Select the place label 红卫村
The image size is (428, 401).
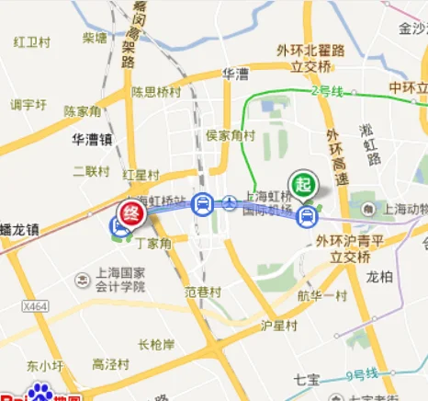pos(31,42)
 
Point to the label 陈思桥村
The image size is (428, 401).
pos(155,92)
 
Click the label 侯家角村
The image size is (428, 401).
pos(230,135)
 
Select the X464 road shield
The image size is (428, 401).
pos(35,306)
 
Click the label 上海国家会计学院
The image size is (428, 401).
pos(121,280)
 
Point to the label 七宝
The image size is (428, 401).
pos(306,378)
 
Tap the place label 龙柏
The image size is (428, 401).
pos(379,275)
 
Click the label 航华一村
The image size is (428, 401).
pos(321,296)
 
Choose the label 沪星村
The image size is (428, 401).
pos(279,326)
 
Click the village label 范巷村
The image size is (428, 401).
pos(203,292)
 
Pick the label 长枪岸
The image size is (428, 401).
pos(156,345)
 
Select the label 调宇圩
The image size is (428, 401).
pos(28,105)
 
